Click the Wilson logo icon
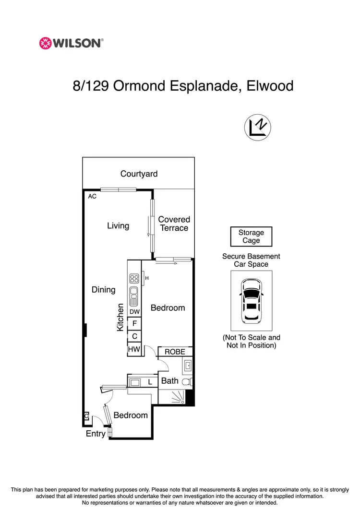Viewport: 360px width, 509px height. coord(45,43)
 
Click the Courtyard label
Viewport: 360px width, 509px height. coord(139,174)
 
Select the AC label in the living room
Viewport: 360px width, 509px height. coord(92,196)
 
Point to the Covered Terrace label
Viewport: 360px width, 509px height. coord(174,224)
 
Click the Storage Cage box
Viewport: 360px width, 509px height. coord(251,237)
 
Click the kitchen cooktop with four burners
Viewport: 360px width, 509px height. coord(134,278)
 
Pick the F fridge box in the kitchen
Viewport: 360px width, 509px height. coord(134,324)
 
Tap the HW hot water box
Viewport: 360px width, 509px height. coord(134,350)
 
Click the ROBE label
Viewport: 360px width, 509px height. coord(175,352)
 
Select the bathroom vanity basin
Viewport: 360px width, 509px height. coord(188,367)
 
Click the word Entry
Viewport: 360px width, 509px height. coord(96,434)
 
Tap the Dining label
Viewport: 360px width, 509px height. coord(104,289)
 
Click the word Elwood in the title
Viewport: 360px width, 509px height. coord(269,86)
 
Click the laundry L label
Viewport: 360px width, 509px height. coord(150,382)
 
